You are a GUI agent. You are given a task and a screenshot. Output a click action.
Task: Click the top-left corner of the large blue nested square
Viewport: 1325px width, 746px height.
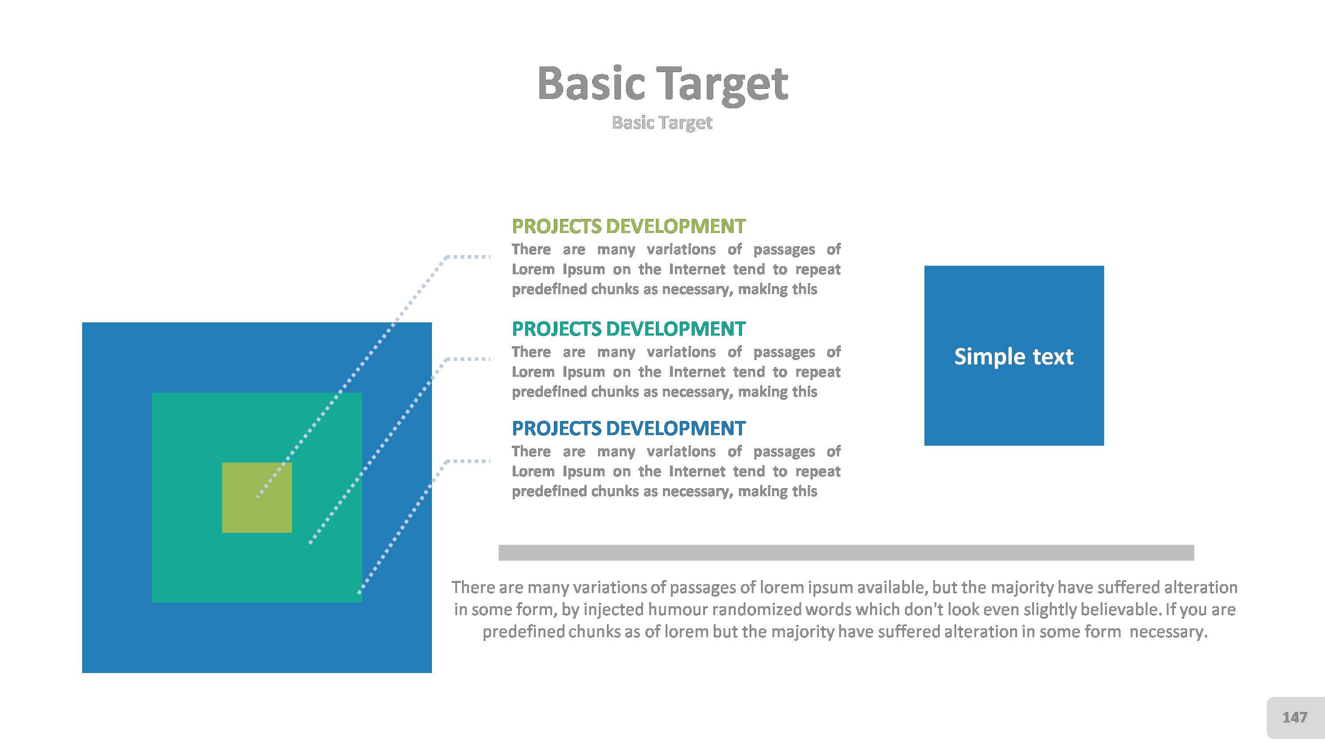82,323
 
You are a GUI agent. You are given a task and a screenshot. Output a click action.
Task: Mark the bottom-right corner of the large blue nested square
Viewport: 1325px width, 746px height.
432,673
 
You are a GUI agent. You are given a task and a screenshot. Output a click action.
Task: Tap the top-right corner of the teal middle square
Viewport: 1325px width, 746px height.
362,393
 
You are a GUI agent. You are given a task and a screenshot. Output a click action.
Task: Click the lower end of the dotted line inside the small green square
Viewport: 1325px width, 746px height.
257,497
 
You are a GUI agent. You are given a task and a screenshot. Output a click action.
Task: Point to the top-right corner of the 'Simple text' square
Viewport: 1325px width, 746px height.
1104,266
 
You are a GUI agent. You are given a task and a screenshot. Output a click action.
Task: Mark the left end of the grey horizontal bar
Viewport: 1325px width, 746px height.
499,552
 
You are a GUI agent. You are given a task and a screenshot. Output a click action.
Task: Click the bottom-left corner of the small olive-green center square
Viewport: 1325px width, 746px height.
222,533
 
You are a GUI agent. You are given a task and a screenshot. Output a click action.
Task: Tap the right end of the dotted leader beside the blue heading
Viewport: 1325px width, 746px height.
490,461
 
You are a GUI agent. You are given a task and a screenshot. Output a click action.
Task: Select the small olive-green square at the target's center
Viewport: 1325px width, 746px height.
257,498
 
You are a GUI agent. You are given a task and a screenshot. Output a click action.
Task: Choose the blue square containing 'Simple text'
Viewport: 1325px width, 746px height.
1014,356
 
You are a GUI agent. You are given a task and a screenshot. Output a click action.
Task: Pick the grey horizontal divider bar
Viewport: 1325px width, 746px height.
847,552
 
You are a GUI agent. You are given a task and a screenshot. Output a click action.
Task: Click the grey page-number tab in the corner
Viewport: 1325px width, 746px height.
1295,717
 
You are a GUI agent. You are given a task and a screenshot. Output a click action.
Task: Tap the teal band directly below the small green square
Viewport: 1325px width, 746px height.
257,568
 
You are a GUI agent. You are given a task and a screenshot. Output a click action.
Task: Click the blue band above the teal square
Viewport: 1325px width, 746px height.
257,358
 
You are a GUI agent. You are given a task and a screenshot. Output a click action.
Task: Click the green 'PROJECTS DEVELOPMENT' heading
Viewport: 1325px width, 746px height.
628,226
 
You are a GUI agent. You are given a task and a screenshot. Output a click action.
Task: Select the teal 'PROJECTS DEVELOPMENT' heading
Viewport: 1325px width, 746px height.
628,329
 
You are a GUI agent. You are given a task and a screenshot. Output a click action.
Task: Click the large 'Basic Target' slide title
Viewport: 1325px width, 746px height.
662,84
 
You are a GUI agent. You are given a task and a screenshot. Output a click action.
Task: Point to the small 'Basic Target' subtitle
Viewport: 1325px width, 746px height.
662,123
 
